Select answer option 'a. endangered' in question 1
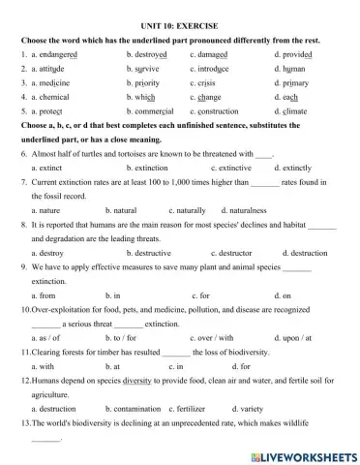[x=60, y=55]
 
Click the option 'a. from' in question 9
[x=44, y=294]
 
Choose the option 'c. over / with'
[x=213, y=338]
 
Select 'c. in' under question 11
[x=176, y=367]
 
